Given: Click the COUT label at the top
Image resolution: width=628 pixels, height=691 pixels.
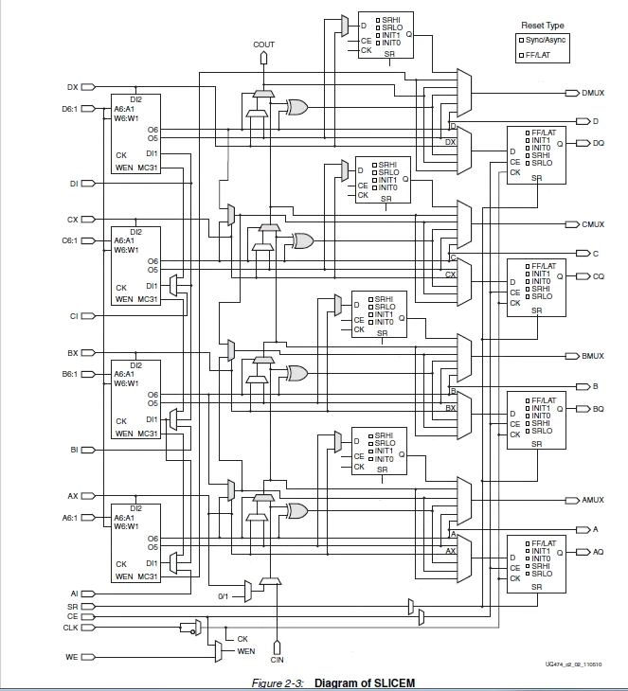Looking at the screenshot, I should tap(264, 44).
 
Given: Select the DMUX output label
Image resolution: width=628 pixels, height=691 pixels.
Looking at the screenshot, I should tap(594, 93).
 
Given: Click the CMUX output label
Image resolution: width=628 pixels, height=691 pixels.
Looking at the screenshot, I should tap(593, 224).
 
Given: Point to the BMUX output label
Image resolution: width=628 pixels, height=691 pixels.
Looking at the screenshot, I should tap(593, 356).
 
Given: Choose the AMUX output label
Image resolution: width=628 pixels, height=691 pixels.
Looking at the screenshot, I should tap(593, 500).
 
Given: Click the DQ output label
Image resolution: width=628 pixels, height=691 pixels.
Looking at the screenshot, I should tap(598, 144).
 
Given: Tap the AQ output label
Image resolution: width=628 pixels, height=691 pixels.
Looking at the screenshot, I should tap(598, 552).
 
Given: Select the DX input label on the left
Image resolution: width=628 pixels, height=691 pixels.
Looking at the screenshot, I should tap(72, 87).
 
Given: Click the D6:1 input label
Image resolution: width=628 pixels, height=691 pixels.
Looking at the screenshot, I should tap(71, 109).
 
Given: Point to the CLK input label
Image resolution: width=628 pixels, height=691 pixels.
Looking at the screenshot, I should tap(71, 627).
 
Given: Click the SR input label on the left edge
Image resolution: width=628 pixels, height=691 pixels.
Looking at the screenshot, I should tap(73, 606).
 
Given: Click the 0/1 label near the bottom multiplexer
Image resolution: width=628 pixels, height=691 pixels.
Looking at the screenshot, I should tap(224, 596).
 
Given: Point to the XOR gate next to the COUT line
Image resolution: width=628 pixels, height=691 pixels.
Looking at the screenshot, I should tap(296, 107).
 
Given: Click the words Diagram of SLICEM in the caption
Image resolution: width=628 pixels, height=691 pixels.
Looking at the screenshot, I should tap(365, 683).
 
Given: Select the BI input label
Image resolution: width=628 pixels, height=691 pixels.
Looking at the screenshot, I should tap(73, 450).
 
